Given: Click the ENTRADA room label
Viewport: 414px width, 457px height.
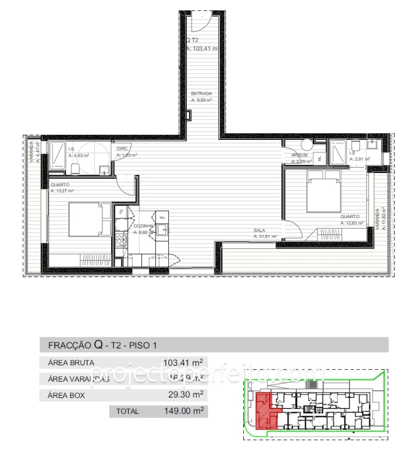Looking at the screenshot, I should [x=201, y=94].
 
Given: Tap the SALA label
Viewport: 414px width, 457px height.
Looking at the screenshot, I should [x=259, y=230].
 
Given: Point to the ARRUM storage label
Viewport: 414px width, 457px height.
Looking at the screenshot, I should [x=299, y=155].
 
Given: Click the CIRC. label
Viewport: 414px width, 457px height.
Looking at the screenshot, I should [x=122, y=149].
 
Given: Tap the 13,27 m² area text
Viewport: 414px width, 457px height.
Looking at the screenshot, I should [x=62, y=191].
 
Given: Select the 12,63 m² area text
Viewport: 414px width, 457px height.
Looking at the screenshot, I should [x=352, y=223].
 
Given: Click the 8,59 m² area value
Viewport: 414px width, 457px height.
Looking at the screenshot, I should [x=201, y=100].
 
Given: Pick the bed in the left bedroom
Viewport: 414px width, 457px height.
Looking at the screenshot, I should [x=89, y=219].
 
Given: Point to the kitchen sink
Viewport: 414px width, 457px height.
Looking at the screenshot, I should [x=161, y=229].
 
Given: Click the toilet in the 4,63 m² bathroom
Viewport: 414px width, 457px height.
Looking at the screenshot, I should [x=75, y=169].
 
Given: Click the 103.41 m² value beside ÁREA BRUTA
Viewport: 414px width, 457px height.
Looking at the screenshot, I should [x=183, y=362].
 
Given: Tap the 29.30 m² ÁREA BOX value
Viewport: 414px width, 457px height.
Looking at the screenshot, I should [x=186, y=395].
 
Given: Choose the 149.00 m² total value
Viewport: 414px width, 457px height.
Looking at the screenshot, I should [x=184, y=411].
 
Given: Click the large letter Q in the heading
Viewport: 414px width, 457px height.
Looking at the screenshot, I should [x=99, y=345].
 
